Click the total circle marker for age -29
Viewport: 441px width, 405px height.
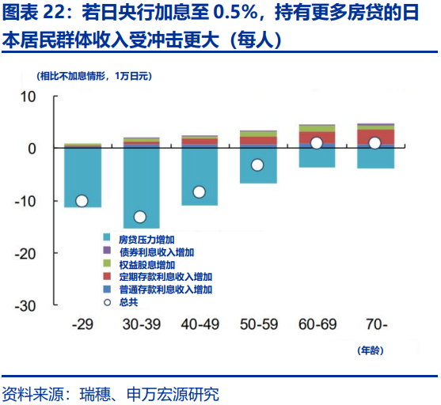coord(82,201)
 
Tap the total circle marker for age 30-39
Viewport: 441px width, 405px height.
coord(140,217)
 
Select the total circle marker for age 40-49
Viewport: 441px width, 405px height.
coord(199,191)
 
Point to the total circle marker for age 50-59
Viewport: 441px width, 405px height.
coord(257,165)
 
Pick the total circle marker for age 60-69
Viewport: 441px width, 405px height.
coord(316,143)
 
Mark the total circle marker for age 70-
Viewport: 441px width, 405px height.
coord(374,143)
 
